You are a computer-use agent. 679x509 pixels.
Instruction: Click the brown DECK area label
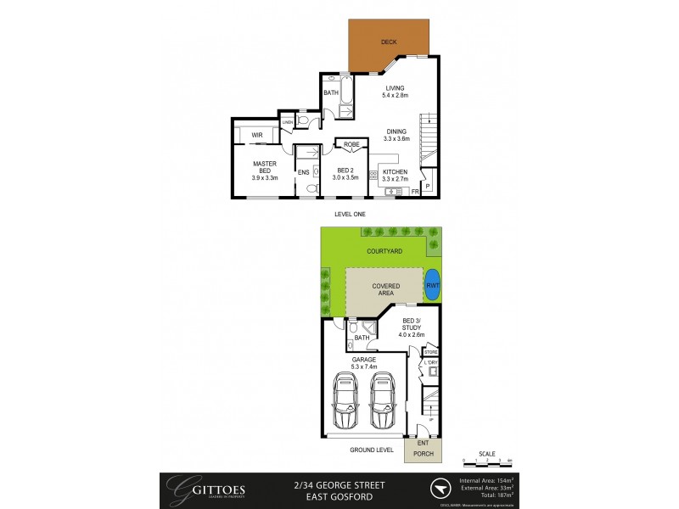tap(389, 42)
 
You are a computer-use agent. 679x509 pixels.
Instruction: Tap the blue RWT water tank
tap(433, 286)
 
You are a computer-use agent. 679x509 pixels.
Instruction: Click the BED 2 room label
tap(344, 172)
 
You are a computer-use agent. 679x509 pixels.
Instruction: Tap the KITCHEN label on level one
tap(396, 175)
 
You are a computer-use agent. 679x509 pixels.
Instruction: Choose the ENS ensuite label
tap(303, 172)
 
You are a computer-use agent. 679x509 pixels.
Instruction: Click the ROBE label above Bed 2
tap(351, 145)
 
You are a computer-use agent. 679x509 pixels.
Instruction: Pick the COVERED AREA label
tap(385, 289)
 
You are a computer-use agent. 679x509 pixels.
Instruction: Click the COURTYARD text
tap(384, 252)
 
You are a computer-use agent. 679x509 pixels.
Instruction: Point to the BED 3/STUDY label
tap(412, 325)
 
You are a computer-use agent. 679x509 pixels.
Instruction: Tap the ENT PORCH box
tap(423, 450)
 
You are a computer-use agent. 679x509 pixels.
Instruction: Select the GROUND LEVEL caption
tap(368, 450)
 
